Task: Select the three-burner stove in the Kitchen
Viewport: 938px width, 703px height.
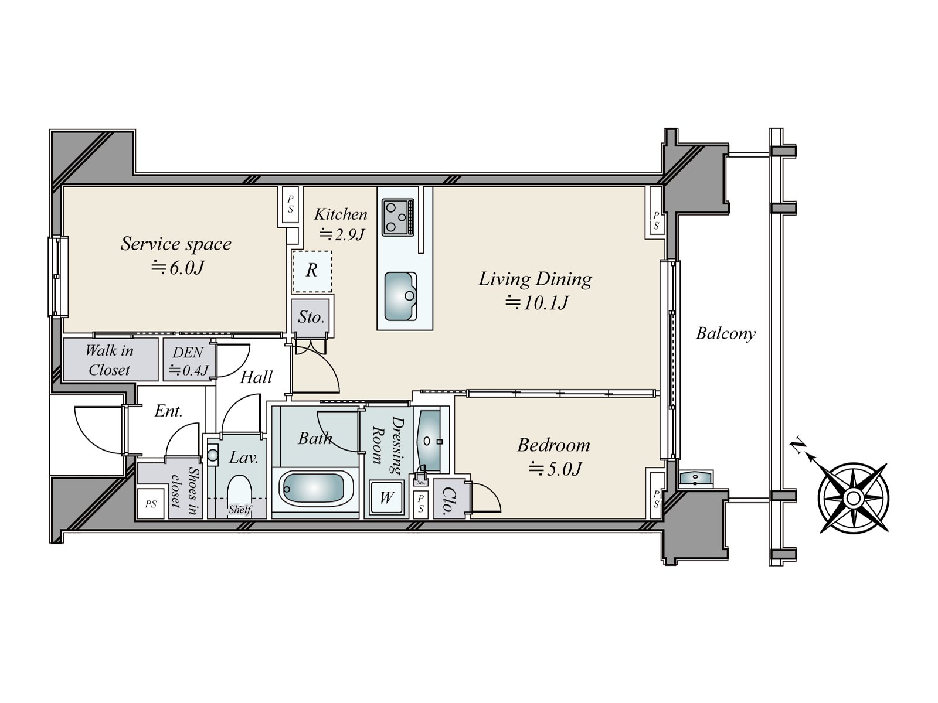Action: point(398,217)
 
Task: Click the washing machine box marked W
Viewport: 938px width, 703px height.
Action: point(387,497)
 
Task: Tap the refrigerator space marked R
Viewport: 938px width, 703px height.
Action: point(312,271)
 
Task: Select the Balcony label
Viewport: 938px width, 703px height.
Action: point(726,333)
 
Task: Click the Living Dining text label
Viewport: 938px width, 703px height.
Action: point(535,279)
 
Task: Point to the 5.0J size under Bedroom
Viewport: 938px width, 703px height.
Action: point(556,469)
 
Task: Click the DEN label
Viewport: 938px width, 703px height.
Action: point(188,352)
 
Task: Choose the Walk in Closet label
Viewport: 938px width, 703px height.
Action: point(110,360)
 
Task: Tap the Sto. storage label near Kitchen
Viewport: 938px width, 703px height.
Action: point(311,317)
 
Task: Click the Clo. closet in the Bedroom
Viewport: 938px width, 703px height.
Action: point(448,499)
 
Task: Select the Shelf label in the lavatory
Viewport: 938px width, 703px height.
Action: point(239,509)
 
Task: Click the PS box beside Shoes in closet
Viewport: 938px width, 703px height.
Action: point(151,504)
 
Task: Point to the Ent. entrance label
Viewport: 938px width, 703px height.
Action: point(168,411)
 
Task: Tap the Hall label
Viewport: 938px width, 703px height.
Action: point(256,377)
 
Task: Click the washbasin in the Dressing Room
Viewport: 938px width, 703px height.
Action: point(429,441)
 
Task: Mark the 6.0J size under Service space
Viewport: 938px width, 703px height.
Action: point(178,268)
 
